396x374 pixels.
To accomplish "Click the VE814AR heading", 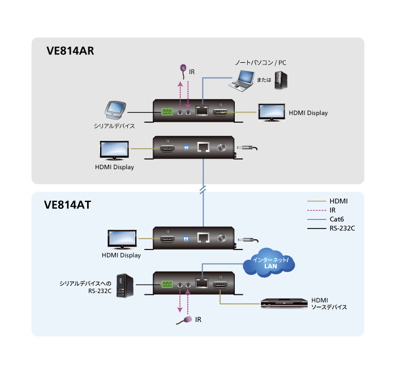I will pyautogui.click(x=70, y=51).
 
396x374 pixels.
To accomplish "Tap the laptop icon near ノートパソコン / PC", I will pyautogui.click(x=242, y=80).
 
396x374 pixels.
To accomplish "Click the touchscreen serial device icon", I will pyautogui.click(x=117, y=110).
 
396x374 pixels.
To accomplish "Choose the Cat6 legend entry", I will pyautogui.click(x=337, y=219).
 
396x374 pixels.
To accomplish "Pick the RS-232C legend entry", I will pyautogui.click(x=342, y=228).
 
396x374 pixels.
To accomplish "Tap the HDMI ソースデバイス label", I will pyautogui.click(x=329, y=303).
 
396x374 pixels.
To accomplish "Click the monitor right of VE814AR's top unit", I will pyautogui.click(x=272, y=112).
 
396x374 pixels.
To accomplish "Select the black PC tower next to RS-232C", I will pyautogui.click(x=124, y=285).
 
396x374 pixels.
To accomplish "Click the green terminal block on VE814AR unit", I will pyautogui.click(x=167, y=112).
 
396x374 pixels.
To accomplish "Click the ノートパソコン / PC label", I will pyautogui.click(x=261, y=63).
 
